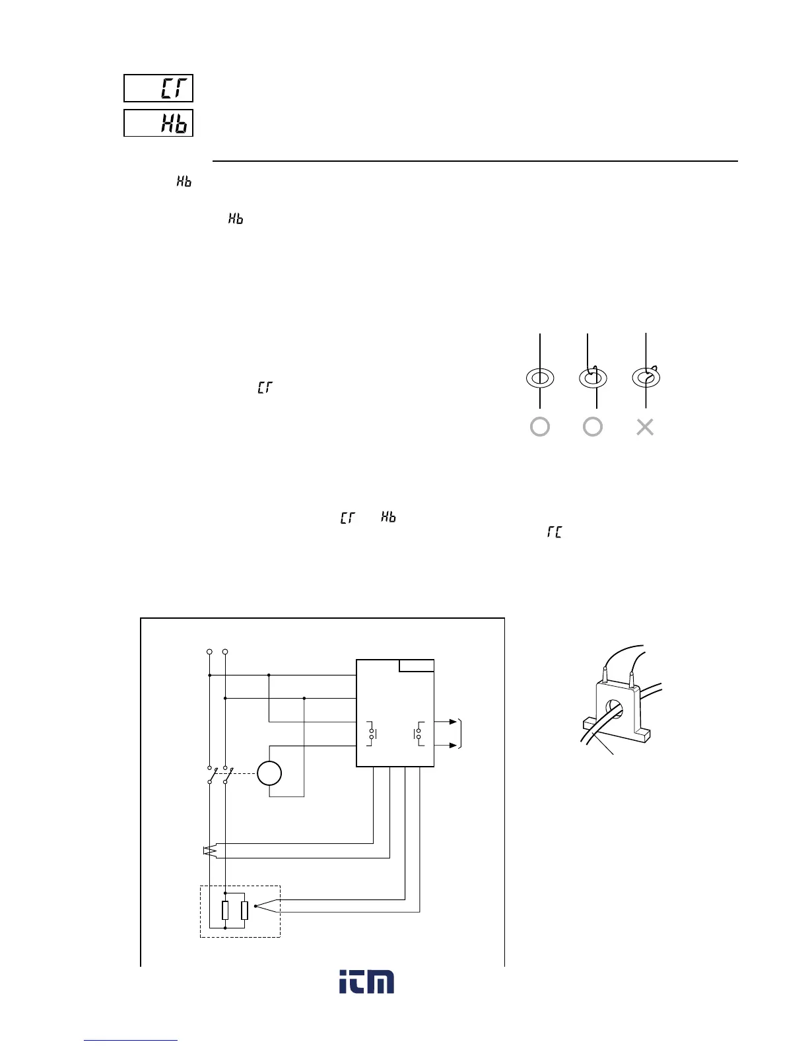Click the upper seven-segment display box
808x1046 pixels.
(x=158, y=88)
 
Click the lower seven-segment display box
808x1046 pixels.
(x=158, y=123)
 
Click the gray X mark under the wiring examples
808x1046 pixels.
(x=645, y=427)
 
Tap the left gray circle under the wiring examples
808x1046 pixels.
(x=540, y=427)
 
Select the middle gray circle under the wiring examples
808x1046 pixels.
(x=593, y=427)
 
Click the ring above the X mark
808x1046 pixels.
(x=646, y=378)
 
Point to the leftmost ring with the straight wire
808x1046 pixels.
(x=540, y=378)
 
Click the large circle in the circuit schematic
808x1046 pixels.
(x=269, y=773)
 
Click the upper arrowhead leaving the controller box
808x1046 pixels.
(x=452, y=722)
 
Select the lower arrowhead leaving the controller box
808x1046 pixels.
(x=452, y=746)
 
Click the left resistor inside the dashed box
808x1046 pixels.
(x=225, y=911)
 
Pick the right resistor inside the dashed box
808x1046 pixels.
(x=244, y=911)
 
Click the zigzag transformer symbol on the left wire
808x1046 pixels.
(x=209, y=851)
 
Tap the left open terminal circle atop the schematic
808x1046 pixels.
(x=209, y=652)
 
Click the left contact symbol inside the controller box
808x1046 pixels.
(x=372, y=734)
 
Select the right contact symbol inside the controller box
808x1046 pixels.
(x=419, y=734)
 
